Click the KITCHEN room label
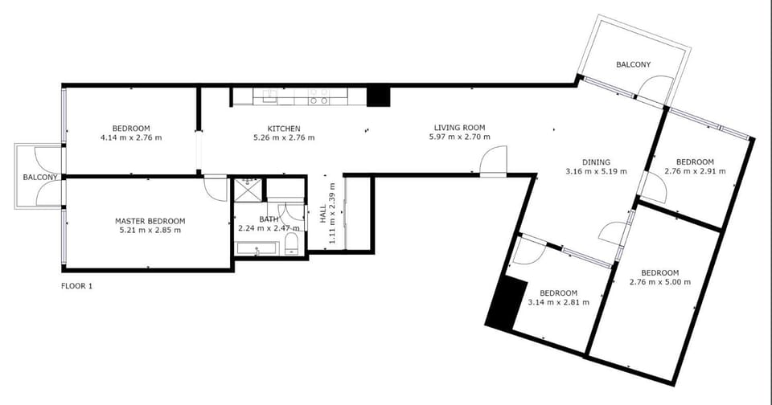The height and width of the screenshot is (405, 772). [284, 129]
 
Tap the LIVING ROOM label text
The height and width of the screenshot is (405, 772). [459, 128]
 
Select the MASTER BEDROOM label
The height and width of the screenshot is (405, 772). [150, 222]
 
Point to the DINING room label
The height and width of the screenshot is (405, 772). [596, 162]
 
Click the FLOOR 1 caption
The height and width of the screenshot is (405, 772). [77, 286]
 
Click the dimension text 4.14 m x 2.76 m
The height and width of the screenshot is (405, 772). [131, 137]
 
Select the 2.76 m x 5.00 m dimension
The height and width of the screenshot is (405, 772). [659, 282]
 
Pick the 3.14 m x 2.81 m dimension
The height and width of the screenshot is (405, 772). [558, 302]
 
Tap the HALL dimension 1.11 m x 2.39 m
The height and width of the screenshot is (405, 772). [332, 213]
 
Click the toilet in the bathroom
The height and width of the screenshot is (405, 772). [291, 244]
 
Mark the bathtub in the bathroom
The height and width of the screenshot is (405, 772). [257, 248]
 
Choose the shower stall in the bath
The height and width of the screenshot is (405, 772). [248, 190]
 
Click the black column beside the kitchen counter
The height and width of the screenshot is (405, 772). [378, 96]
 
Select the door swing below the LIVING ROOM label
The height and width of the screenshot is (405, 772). [493, 161]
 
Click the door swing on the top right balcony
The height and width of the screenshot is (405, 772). [654, 89]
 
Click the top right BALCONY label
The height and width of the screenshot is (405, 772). [633, 64]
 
